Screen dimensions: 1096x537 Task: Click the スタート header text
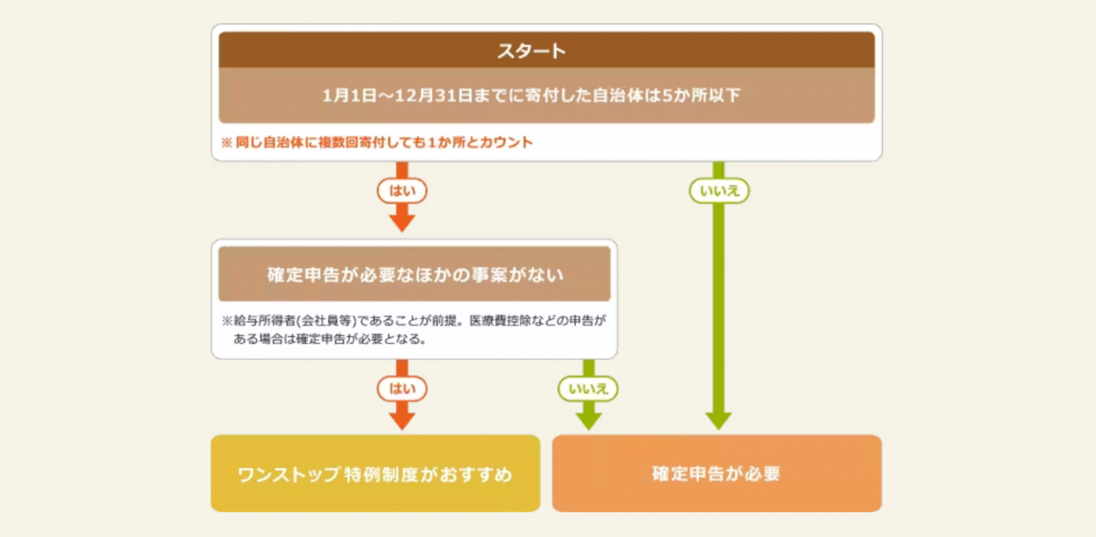click(x=531, y=51)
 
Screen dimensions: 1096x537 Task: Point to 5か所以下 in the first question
click(x=701, y=95)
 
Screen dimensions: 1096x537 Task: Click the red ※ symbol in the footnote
click(x=227, y=142)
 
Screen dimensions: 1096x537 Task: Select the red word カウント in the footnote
click(x=506, y=142)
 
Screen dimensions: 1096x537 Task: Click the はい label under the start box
click(x=402, y=191)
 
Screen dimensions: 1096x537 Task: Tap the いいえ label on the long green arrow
click(x=719, y=191)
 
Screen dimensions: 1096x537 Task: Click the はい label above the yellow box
click(x=402, y=389)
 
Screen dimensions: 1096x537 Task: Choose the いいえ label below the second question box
click(x=588, y=389)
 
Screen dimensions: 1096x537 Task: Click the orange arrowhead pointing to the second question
click(x=402, y=223)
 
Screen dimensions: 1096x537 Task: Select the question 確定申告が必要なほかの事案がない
click(x=415, y=275)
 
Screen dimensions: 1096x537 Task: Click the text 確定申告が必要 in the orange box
click(x=716, y=474)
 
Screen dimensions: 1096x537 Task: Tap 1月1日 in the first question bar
click(x=349, y=95)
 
